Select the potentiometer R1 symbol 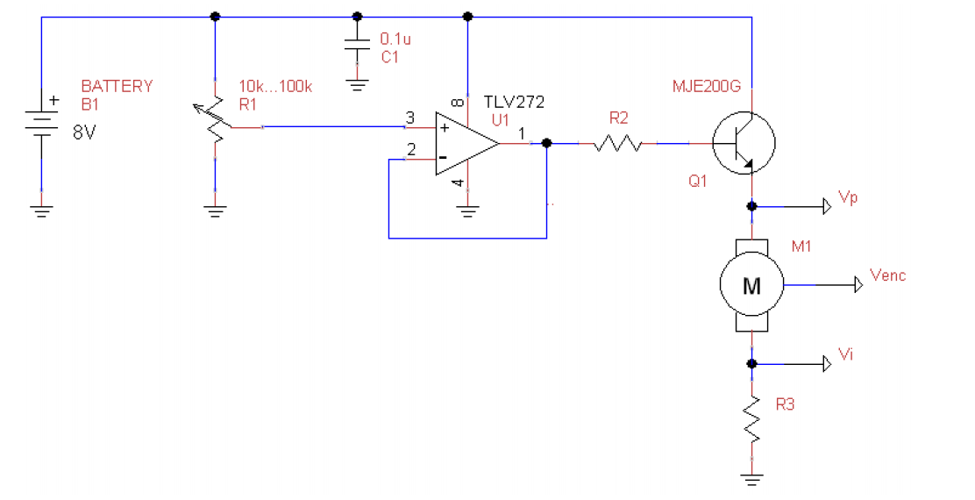[x=215, y=125]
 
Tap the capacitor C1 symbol [x=356, y=50]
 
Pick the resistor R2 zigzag [x=620, y=143]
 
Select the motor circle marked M [x=751, y=284]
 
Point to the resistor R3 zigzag [x=751, y=419]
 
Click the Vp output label [x=848, y=198]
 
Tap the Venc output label [x=888, y=275]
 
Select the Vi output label [x=846, y=354]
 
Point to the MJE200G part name [x=706, y=87]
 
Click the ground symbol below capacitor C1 [x=356, y=86]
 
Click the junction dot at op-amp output [x=546, y=143]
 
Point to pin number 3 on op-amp [x=409, y=118]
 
